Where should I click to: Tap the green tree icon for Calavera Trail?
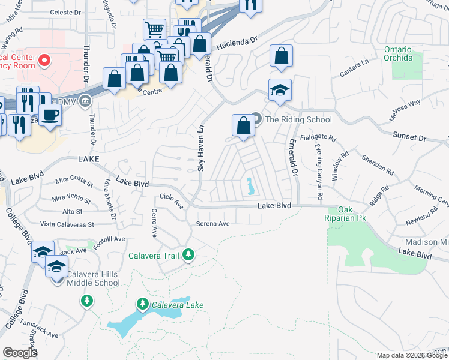[189, 256]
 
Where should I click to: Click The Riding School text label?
[298, 119]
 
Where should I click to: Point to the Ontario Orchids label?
[398, 53]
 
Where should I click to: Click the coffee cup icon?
[50, 113]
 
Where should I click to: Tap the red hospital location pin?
[44, 60]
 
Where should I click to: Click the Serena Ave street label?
[213, 224]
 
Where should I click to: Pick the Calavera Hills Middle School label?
[93, 278]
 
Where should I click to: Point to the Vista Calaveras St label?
[67, 224]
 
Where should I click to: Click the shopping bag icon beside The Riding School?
[243, 126]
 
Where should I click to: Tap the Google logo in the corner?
[20, 352]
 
